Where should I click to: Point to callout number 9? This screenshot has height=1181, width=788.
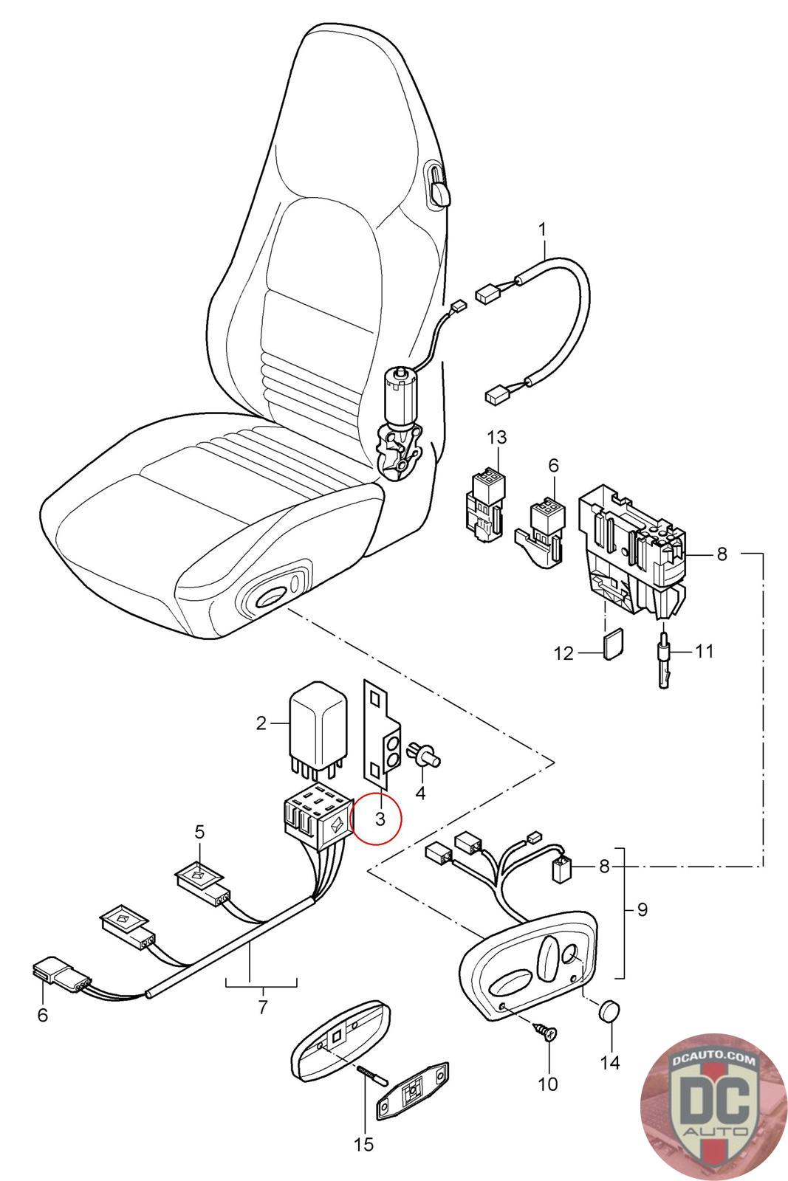click(642, 910)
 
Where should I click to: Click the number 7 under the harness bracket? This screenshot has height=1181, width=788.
click(263, 1006)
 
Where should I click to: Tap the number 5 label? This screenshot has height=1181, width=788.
click(199, 832)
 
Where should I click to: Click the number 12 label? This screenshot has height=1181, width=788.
click(564, 654)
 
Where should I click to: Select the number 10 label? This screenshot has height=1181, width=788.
click(548, 1084)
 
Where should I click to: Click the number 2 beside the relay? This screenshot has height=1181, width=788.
click(261, 723)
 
